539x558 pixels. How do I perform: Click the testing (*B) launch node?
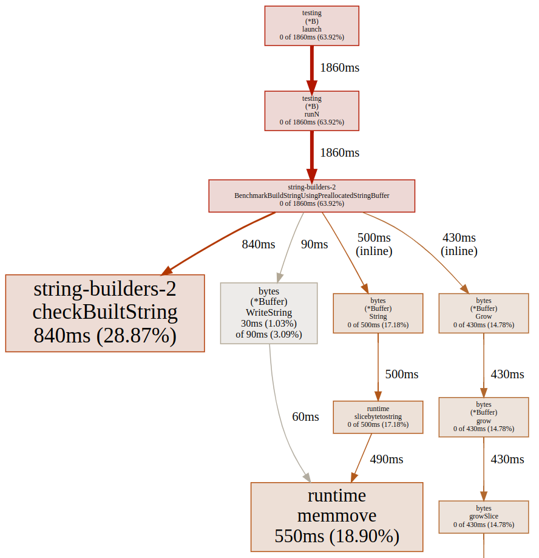(x=311, y=26)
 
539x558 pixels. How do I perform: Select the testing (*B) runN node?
(x=311, y=111)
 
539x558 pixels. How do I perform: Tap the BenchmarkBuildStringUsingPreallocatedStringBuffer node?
(x=311, y=196)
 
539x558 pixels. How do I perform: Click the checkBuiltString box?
(x=105, y=313)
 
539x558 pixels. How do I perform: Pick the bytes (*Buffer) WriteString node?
(x=269, y=313)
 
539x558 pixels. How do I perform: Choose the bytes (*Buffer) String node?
(x=378, y=313)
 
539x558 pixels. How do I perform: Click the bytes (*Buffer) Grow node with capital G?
(x=484, y=313)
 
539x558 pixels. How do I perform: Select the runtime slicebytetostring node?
(x=378, y=417)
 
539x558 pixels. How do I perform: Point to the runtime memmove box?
(x=337, y=516)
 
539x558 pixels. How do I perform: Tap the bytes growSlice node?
(x=484, y=516)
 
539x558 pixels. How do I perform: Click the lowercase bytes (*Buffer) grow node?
(x=484, y=417)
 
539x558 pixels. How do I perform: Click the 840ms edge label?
(x=259, y=245)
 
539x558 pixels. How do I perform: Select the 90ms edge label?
(x=314, y=245)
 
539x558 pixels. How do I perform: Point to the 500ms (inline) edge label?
(x=374, y=244)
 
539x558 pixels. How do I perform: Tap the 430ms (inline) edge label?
(x=459, y=244)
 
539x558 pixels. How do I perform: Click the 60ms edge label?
(x=305, y=417)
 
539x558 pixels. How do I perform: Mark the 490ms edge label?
(x=387, y=460)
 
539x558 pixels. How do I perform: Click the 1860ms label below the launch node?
(x=340, y=68)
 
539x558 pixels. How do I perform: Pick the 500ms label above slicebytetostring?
(x=402, y=375)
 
